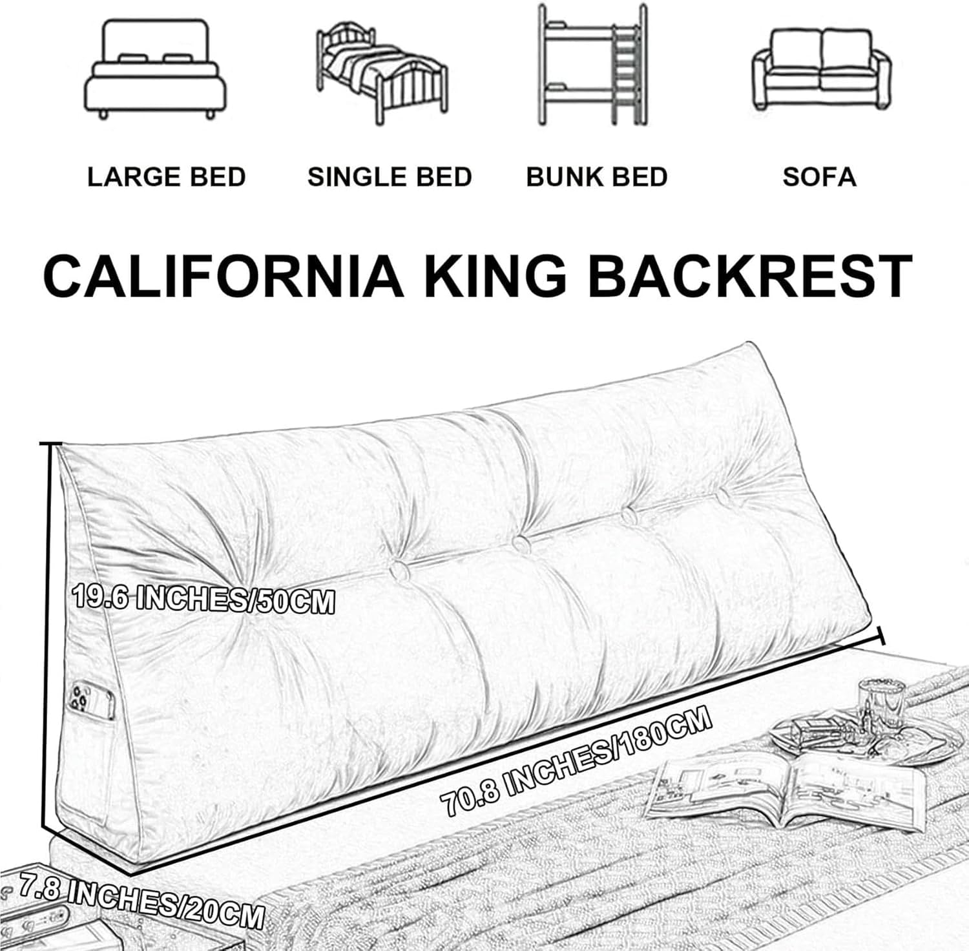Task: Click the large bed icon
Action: [156, 69]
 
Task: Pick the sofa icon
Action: [821, 70]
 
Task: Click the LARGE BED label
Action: [167, 177]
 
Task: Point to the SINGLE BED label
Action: [390, 177]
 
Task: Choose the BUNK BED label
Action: [596, 177]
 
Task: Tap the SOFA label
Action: [819, 177]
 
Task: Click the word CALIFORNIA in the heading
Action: [223, 276]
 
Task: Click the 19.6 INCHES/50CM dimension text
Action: [203, 599]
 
